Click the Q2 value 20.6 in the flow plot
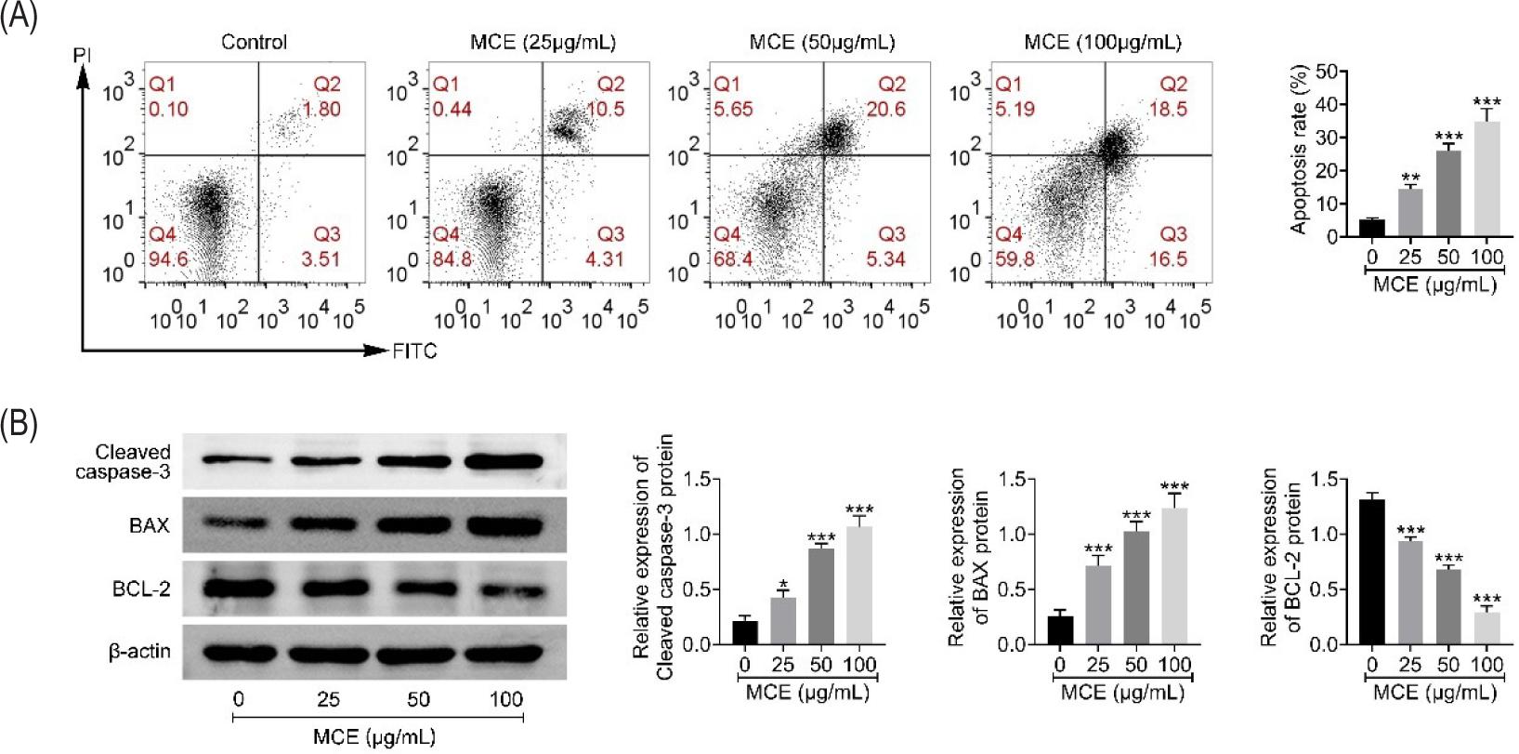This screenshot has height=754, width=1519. (x=885, y=109)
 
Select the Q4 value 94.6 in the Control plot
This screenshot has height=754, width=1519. (x=168, y=259)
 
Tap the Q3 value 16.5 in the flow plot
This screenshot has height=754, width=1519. (x=1168, y=259)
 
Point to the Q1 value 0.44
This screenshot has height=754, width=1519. (x=452, y=109)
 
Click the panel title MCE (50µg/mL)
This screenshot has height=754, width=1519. (x=821, y=43)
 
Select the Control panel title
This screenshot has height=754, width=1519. (x=254, y=43)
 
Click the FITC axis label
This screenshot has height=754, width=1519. (x=414, y=351)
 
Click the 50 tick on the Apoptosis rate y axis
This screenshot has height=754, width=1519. (x=1327, y=72)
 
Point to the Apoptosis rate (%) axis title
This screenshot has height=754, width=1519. (x=1299, y=149)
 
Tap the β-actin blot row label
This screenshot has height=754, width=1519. (x=139, y=651)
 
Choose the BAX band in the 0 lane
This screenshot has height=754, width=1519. (x=238, y=524)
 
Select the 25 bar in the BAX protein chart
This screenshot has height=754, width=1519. (x=1098, y=605)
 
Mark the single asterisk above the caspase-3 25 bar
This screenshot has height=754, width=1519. (x=783, y=585)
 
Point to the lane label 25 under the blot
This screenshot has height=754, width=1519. (x=328, y=699)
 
